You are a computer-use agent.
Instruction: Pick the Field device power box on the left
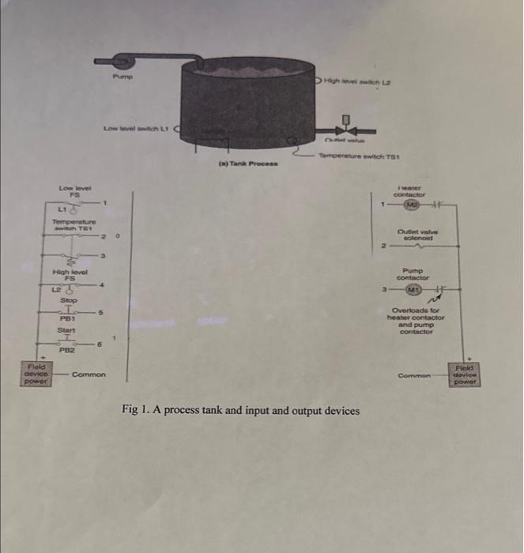34,374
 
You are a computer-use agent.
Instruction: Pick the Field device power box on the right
468,374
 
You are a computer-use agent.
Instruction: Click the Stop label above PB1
69,301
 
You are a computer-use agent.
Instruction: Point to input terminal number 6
100,345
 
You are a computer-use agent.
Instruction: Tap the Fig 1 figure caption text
240,411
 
